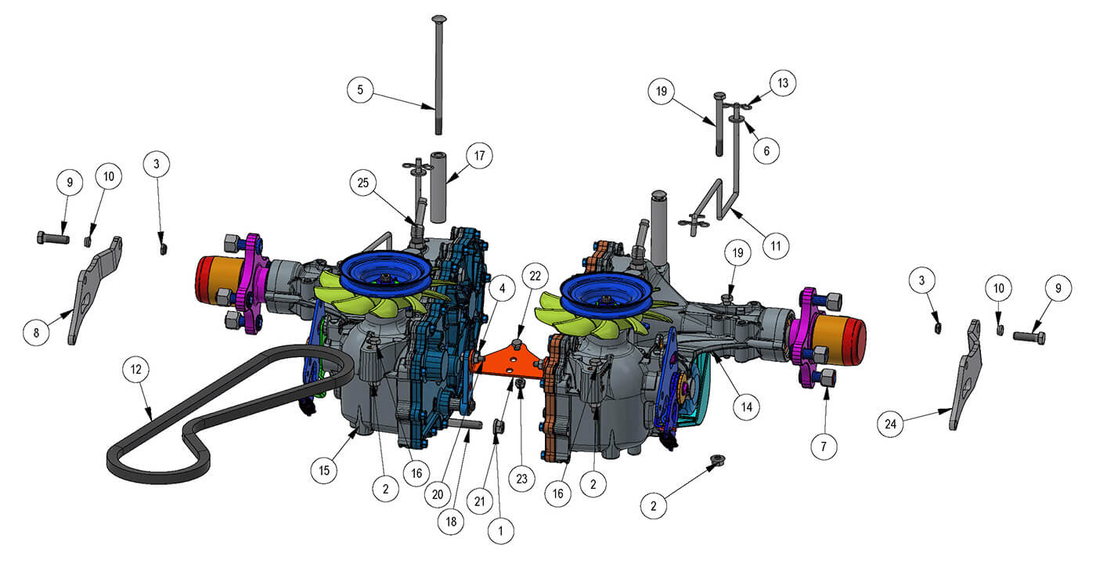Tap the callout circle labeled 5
click(x=360, y=90)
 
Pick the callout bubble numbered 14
click(x=747, y=407)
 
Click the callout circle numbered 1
click(x=501, y=530)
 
